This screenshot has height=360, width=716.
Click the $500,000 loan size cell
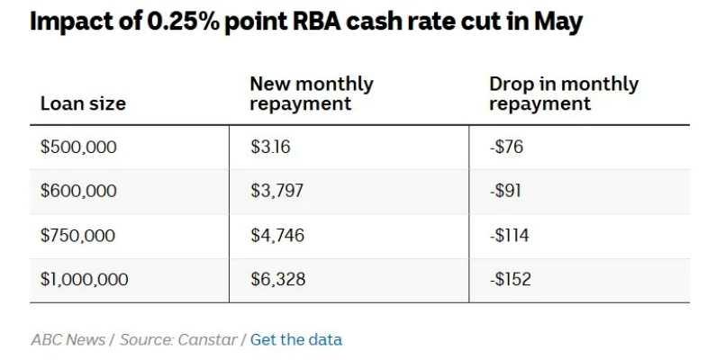[78, 147]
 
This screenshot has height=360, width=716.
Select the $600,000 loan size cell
[78, 191]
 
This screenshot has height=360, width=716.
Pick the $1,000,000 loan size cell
[85, 280]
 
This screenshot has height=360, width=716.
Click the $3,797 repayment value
[277, 191]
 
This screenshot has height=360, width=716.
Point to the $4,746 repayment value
[277, 236]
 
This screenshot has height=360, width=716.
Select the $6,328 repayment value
[277, 280]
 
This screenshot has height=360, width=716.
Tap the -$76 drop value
[507, 147]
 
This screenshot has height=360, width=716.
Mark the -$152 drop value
[510, 280]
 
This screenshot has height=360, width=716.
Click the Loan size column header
[83, 103]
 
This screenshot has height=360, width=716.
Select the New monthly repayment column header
[311, 94]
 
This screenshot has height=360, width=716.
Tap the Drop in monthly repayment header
[563, 94]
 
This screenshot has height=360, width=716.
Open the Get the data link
[296, 339]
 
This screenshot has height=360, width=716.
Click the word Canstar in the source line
[208, 339]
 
